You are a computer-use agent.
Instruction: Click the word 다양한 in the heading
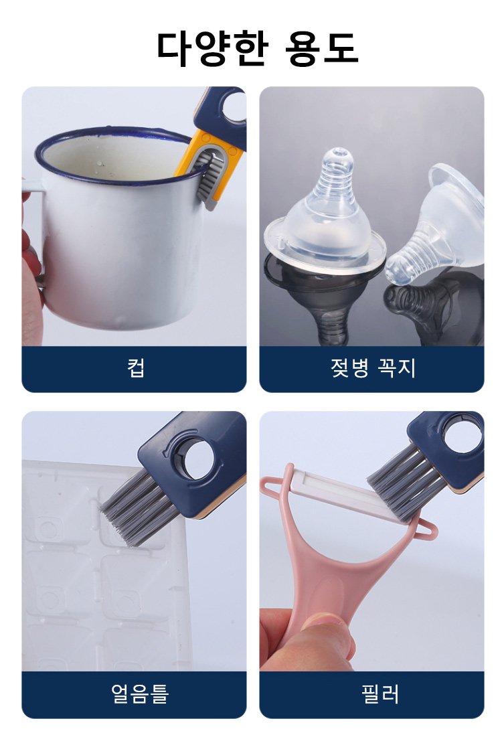point(212,49)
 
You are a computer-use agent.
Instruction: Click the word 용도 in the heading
point(322,49)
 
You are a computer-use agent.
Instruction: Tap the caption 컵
point(135,367)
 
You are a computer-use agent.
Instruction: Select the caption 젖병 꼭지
point(373,367)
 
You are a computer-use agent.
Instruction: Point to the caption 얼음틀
point(140,693)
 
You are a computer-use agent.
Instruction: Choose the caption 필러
point(380,693)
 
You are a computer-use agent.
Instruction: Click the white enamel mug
point(117,230)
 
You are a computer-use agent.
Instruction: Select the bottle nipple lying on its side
point(434,225)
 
